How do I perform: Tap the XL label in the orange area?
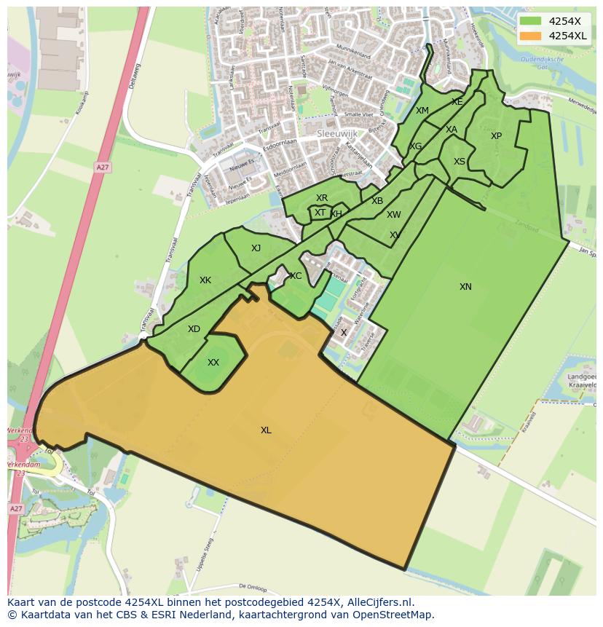tap(266, 430)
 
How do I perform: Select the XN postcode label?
tap(465, 287)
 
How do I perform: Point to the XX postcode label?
tap(213, 363)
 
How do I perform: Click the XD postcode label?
tap(194, 329)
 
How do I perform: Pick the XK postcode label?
tap(205, 280)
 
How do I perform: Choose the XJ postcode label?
tap(256, 248)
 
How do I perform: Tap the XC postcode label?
tap(296, 276)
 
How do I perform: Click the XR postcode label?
tap(322, 198)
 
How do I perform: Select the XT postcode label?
tap(320, 213)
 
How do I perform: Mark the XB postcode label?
tap(377, 201)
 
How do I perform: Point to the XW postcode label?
tap(394, 215)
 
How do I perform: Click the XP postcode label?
tap(496, 136)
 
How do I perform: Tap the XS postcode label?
tap(460, 162)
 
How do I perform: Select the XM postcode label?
tap(422, 111)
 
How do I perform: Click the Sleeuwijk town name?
tap(336, 135)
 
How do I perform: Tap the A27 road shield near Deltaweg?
tap(103, 167)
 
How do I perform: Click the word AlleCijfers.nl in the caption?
tap(378, 602)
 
